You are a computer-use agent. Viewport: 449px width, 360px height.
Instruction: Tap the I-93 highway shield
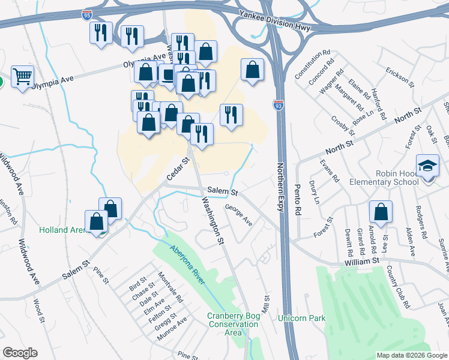[278, 105]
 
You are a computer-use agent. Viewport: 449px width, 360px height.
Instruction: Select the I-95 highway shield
[88, 13]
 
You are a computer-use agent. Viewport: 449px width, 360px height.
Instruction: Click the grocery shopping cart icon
[22, 76]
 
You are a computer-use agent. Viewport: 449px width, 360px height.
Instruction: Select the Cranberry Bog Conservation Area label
[233, 325]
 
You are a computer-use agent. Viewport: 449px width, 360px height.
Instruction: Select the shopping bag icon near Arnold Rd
[381, 212]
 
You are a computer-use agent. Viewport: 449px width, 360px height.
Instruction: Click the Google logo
[20, 353]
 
